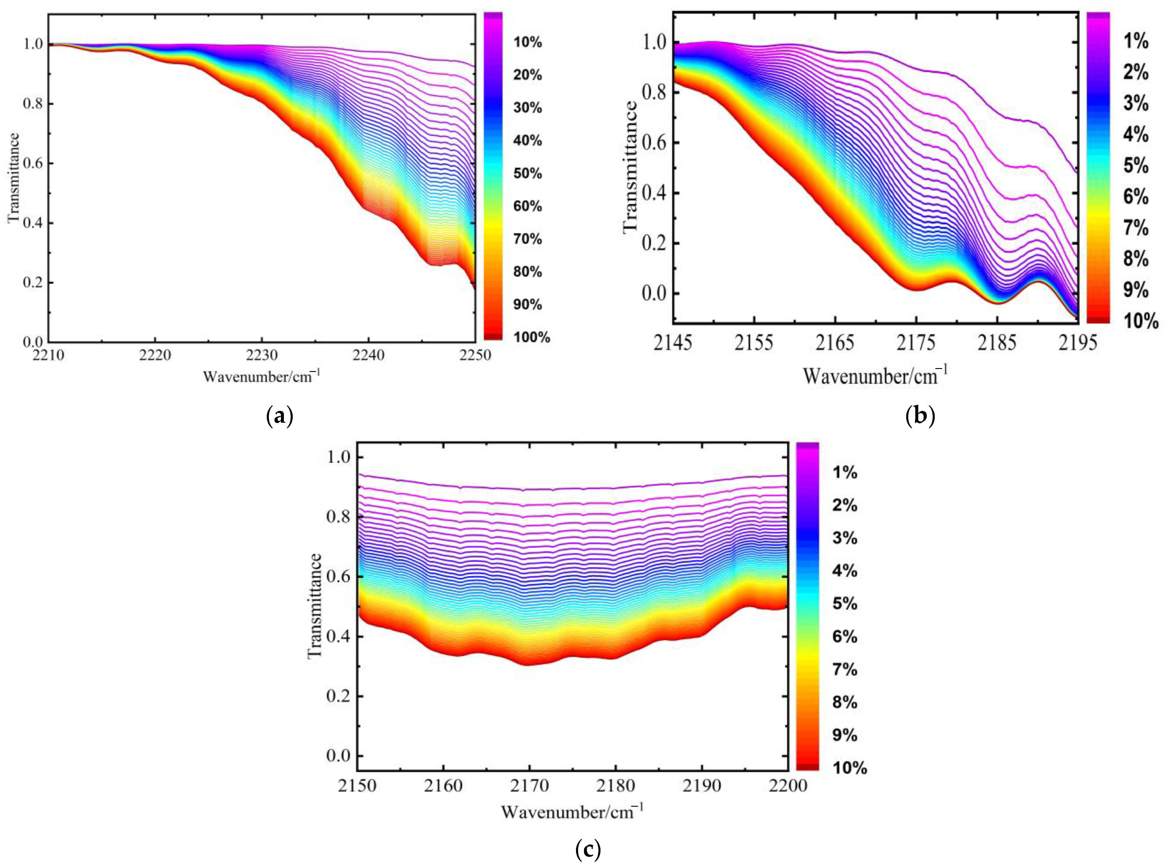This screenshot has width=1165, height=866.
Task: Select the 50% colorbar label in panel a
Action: [527, 173]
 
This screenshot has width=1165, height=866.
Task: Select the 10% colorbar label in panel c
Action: [849, 768]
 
